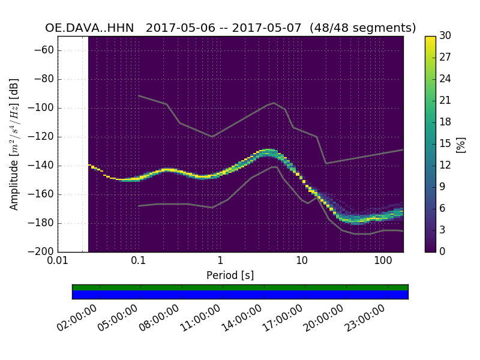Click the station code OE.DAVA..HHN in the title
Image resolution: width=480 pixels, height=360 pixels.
[89, 28]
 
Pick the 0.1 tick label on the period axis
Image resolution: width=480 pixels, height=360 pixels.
[139, 262]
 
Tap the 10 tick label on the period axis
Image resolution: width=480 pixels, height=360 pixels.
[302, 262]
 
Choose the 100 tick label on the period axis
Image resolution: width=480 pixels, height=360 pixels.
[383, 262]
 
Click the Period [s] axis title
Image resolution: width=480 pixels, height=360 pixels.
[230, 275]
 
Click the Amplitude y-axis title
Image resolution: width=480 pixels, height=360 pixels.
[14, 144]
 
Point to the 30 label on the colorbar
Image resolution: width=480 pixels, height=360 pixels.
[446, 36]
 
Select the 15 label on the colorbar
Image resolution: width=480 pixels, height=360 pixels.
[446, 144]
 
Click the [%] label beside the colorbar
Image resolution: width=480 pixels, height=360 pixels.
[461, 144]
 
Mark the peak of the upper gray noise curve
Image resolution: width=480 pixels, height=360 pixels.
[274, 103]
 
